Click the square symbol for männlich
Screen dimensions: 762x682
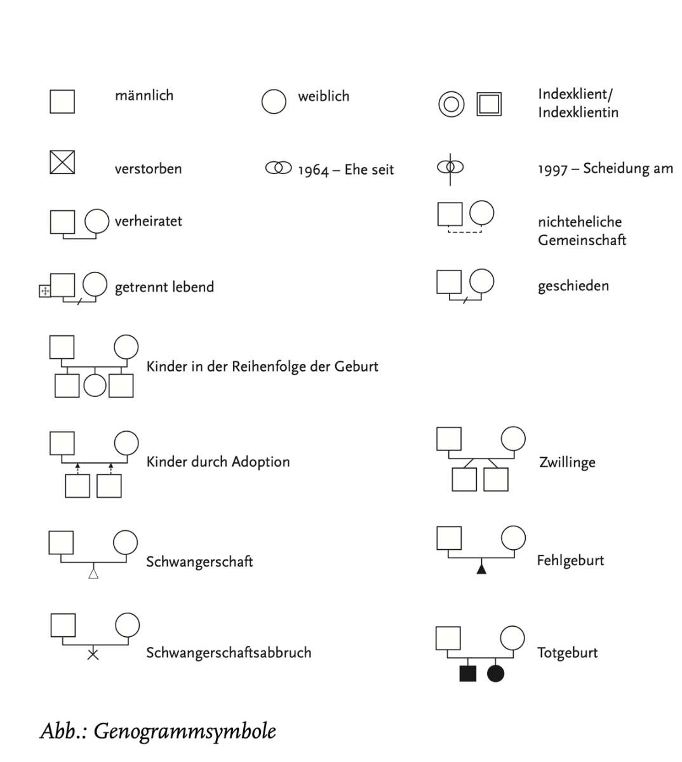click(x=62, y=101)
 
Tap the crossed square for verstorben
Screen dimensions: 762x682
click(x=62, y=163)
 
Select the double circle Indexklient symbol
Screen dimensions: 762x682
click(x=451, y=104)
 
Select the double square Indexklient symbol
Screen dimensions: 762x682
click(x=489, y=104)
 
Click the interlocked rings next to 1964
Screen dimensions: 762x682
click(x=278, y=168)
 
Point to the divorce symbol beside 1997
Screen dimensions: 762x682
click(x=450, y=168)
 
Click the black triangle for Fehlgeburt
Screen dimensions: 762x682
click(x=481, y=568)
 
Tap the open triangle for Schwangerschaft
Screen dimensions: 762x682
click(x=93, y=574)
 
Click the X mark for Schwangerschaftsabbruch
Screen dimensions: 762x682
click(x=93, y=653)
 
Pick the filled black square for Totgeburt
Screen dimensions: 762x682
click(x=467, y=673)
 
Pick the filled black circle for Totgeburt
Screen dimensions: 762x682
click(x=496, y=673)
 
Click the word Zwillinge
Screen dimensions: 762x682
click(x=567, y=462)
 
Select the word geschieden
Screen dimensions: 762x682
click(x=573, y=286)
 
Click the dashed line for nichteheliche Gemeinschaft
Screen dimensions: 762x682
click(x=465, y=232)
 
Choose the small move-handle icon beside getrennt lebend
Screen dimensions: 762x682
click(x=44, y=291)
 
